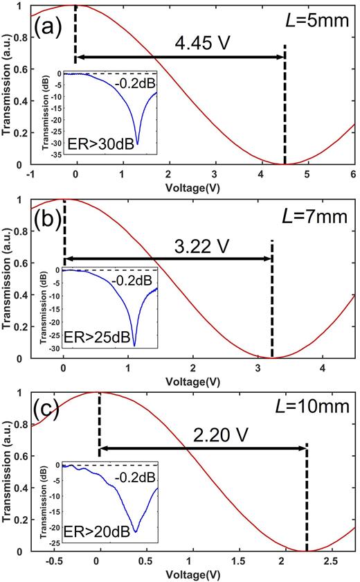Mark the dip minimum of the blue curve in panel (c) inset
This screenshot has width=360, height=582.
coord(136,532)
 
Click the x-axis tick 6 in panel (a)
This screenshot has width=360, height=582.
coord(354,173)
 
